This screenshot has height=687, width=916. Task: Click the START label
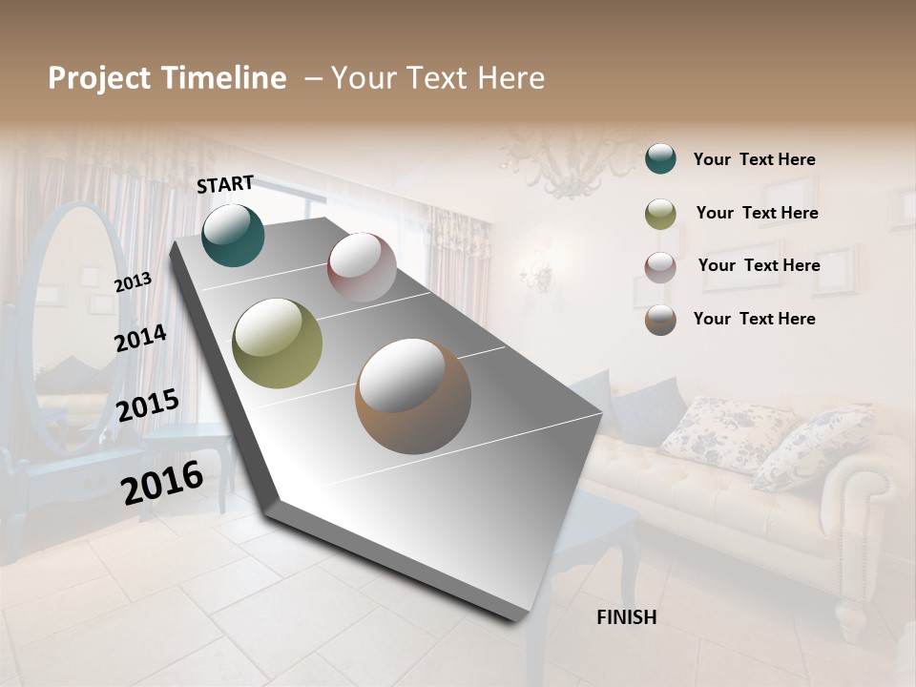point(225,184)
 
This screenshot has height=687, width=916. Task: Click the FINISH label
point(627,617)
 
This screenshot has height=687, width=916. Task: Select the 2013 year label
point(133,281)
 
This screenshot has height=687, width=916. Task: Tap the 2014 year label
point(140,338)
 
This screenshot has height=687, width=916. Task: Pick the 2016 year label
point(162,482)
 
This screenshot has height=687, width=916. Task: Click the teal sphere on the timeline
point(233,235)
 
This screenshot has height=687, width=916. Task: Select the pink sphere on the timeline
point(362,267)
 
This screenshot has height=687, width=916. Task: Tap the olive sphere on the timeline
point(277,343)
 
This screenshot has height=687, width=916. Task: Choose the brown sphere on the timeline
point(413,396)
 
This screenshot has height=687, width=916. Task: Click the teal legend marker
point(660,159)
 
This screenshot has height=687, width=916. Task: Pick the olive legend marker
point(660,214)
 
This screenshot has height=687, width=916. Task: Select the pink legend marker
point(660,267)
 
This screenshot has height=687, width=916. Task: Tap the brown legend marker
point(660,320)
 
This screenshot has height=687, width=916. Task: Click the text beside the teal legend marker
point(754,160)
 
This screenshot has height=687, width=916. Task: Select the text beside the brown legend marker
point(754,319)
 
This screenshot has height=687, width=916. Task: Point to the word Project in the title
point(100,78)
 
